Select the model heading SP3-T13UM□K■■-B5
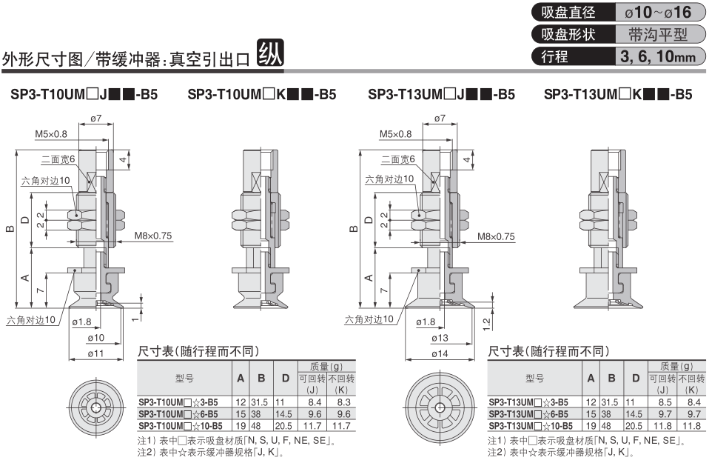click(618, 95)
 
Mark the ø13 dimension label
click(440, 339)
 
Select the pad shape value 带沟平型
click(657, 34)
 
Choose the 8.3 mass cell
click(341, 402)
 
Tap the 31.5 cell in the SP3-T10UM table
click(261, 402)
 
